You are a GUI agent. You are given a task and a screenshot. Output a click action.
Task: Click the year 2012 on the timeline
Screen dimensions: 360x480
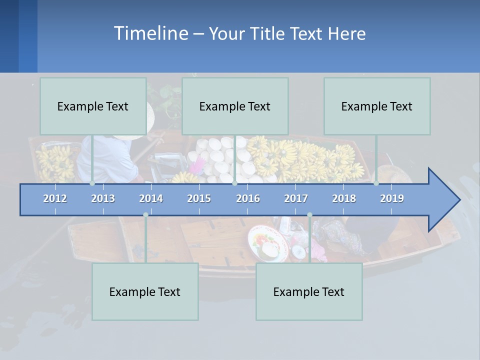point(55,198)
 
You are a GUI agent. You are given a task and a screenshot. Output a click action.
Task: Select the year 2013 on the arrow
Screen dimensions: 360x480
point(103,198)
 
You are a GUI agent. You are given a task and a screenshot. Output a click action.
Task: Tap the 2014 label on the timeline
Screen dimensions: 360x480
point(151,198)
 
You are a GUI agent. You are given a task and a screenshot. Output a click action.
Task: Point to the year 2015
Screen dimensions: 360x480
point(199,198)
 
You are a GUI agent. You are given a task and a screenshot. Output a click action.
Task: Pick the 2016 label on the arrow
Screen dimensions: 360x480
point(248,198)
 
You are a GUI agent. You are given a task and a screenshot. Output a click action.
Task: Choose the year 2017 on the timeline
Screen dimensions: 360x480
point(296,198)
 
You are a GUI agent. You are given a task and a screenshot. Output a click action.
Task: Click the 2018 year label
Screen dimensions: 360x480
point(344,198)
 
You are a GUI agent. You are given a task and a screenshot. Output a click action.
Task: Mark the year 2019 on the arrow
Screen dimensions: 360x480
point(392,198)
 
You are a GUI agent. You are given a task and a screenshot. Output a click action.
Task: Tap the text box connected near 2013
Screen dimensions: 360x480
point(93,106)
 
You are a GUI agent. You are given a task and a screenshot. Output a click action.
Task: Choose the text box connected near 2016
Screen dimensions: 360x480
point(235,106)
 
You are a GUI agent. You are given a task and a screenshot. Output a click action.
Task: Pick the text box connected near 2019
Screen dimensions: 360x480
point(377,106)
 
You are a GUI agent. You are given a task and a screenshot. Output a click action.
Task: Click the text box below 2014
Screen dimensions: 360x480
point(145,291)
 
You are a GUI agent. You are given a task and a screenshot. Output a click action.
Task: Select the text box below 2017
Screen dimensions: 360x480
point(309,291)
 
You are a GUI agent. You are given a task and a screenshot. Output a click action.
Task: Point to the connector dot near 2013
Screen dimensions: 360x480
point(92,183)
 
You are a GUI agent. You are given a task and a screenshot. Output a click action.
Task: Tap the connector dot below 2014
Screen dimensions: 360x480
point(145,215)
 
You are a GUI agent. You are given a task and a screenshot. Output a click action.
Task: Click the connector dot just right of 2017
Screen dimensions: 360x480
point(309,215)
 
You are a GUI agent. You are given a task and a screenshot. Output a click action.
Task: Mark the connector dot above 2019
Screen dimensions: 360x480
point(376,183)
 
